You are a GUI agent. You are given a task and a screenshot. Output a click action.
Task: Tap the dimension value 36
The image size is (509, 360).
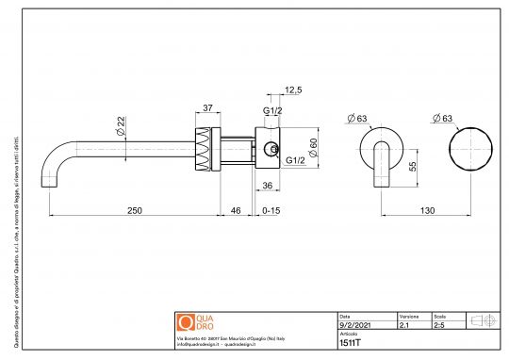(267, 185)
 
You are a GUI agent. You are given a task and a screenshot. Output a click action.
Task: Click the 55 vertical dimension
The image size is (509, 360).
(413, 165)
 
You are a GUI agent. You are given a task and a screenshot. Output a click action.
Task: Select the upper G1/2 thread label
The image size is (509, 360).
(271, 110)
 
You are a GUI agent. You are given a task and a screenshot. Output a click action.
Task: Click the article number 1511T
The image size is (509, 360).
(349, 342)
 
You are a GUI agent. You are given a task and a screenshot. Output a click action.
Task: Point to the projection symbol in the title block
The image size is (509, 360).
(482, 320)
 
